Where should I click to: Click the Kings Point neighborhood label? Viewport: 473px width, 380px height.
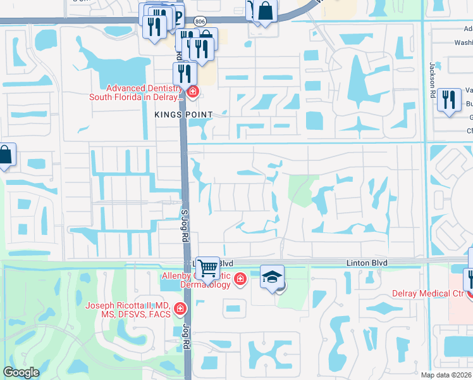pos(183,113)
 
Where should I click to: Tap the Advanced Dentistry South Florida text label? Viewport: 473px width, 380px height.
pos(144,93)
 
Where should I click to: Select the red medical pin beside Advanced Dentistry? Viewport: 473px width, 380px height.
pos(192,93)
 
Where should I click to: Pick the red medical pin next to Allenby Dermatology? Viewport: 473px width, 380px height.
pos(240,279)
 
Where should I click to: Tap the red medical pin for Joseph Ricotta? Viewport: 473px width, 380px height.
pos(180,309)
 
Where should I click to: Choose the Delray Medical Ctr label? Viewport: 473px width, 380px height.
pos(428,293)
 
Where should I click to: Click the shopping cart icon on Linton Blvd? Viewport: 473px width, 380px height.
pos(207,268)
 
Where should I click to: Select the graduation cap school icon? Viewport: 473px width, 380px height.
pos(272,277)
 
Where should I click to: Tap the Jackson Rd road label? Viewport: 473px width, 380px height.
pos(433,75)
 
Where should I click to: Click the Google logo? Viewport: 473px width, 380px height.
pos(21,372)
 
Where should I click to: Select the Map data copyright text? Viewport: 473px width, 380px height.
pos(446,375)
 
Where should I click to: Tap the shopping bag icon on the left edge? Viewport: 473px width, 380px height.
pos(6,155)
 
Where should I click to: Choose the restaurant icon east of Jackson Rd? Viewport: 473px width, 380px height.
pos(448,99)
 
